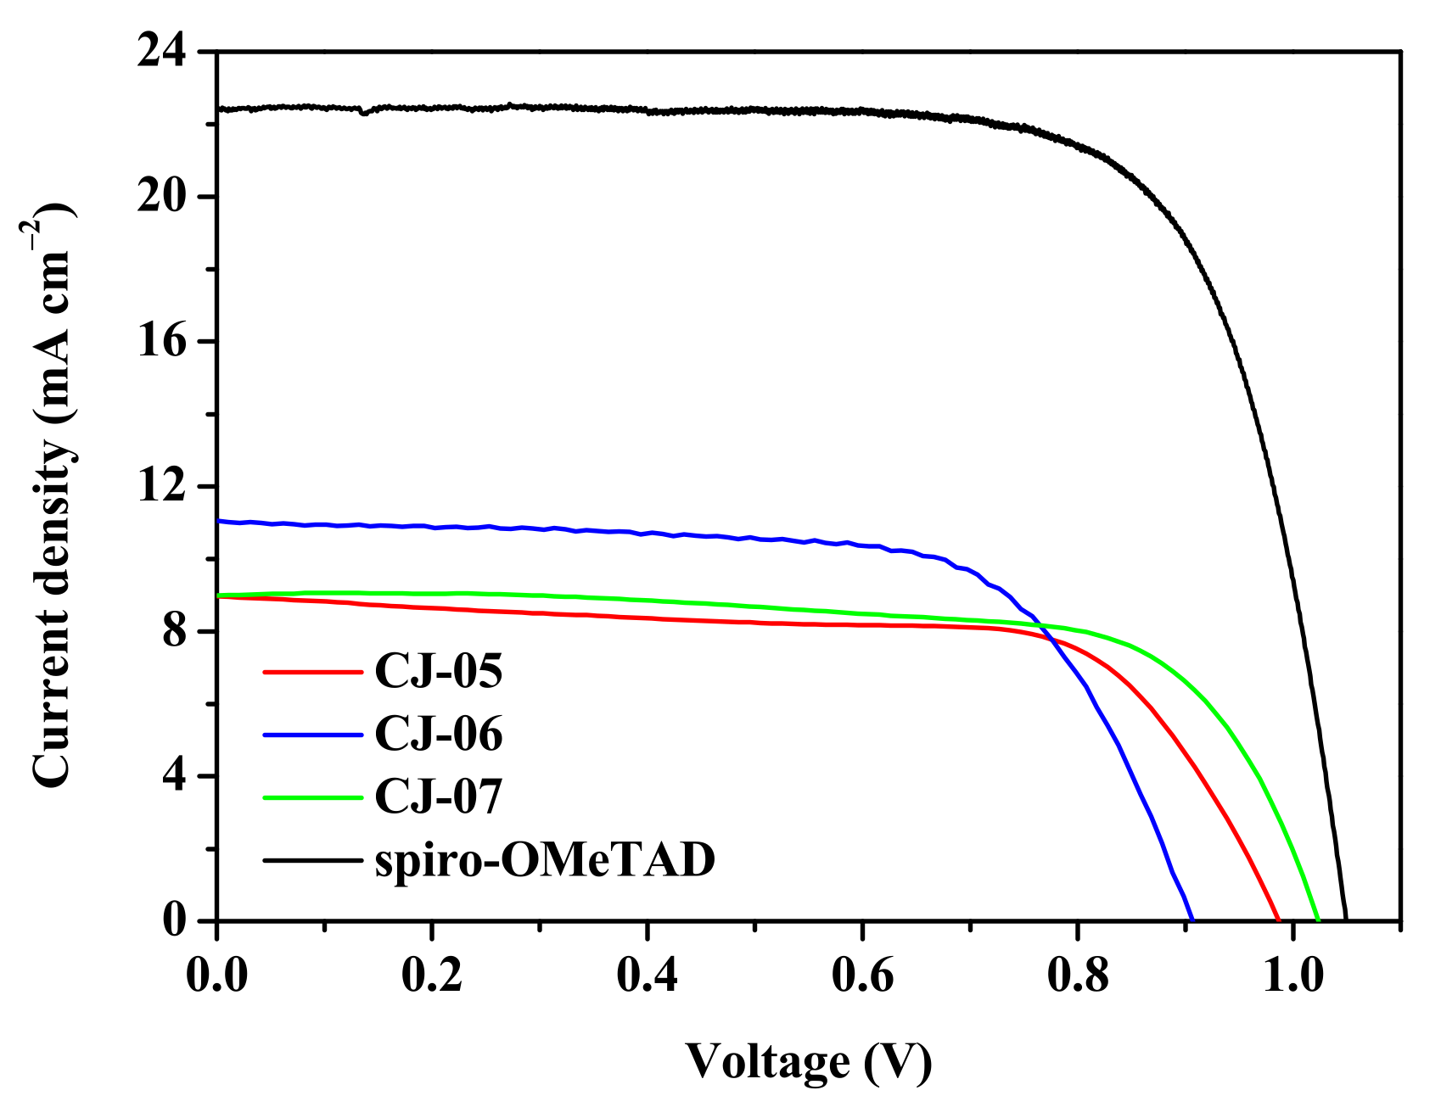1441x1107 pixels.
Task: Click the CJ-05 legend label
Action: tap(439, 671)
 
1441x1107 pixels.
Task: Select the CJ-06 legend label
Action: tap(439, 734)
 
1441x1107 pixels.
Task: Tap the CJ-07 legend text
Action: tap(439, 797)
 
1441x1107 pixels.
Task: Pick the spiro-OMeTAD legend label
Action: tap(545, 860)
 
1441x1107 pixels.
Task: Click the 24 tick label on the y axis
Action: tap(166, 53)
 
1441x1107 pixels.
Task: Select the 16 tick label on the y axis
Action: tap(166, 342)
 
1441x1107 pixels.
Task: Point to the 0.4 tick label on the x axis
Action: tap(648, 976)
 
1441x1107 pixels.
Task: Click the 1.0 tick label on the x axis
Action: tap(1292, 976)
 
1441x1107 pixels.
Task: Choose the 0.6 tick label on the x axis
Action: tap(862, 976)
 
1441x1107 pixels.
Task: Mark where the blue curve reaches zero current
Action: tap(1192, 920)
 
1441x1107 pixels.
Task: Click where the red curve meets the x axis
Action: tap(1278, 920)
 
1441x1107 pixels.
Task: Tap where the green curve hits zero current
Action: tap(1318, 920)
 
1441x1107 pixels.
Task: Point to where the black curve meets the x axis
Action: tap(1346, 920)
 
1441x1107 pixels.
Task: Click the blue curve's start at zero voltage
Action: tap(219, 521)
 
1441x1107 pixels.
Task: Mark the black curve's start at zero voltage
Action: tap(219, 109)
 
